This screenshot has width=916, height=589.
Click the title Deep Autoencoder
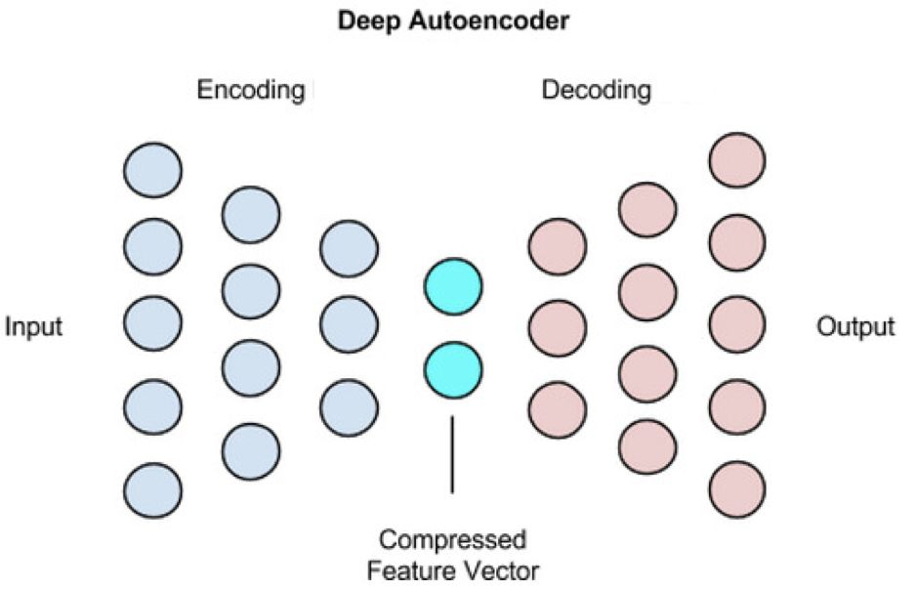(x=453, y=21)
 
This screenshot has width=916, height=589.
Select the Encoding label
(x=251, y=91)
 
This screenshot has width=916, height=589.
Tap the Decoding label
(x=596, y=91)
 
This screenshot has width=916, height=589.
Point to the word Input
(x=34, y=326)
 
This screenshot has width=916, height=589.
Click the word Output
(x=855, y=326)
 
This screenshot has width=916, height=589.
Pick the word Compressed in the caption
(x=452, y=539)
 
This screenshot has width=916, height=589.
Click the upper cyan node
(x=452, y=286)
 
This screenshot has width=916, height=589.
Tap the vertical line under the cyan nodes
(x=452, y=454)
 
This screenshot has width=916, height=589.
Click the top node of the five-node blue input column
(x=152, y=168)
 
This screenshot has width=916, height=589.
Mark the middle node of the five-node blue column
(x=152, y=326)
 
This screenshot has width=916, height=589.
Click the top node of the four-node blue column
(x=251, y=214)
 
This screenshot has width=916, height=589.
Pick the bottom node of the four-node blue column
(x=251, y=450)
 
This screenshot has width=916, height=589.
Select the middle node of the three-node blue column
(x=349, y=326)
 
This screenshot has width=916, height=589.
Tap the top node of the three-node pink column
(x=557, y=246)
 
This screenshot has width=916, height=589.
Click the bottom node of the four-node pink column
(x=647, y=446)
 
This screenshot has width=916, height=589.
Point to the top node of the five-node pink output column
(x=737, y=159)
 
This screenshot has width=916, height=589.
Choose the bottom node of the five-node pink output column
(x=737, y=488)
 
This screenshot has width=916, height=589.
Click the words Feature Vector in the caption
(x=452, y=568)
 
